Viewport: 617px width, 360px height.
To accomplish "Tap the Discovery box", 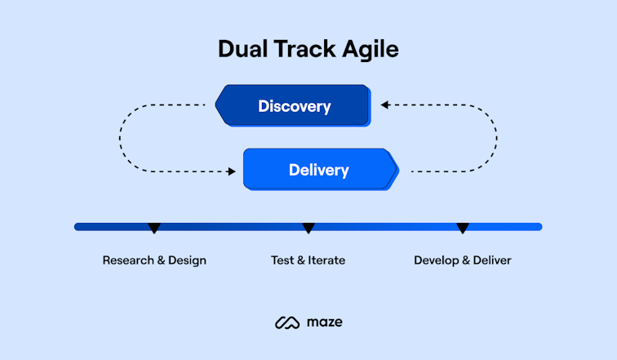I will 294,106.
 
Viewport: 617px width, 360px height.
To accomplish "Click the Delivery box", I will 318,171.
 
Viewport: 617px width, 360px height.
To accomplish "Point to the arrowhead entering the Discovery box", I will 384,105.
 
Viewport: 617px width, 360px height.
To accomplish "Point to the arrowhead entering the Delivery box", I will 232,171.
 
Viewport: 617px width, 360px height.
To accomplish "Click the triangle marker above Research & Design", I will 154,229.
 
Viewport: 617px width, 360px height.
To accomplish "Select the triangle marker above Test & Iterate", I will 308,229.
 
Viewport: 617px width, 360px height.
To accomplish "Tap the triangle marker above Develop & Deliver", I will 463,229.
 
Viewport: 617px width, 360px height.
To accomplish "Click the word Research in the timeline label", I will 128,260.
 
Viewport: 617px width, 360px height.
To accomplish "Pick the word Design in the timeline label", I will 187,261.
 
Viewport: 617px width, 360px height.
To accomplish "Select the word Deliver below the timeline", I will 492,260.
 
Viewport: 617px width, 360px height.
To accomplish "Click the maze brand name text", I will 325,322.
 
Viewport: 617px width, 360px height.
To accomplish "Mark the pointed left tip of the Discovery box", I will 217,105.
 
